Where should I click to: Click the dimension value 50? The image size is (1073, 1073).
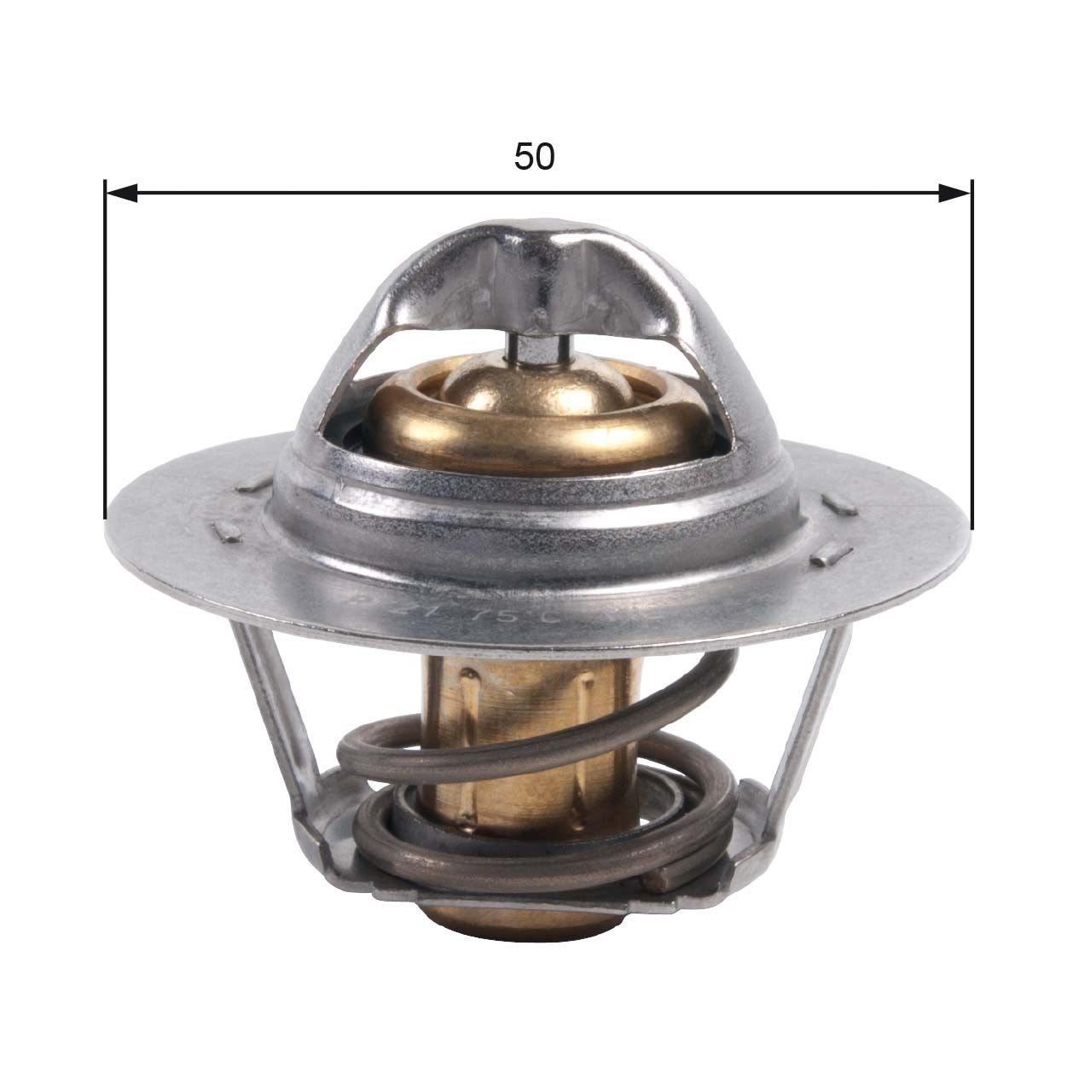click(x=535, y=157)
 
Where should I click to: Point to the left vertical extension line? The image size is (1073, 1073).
click(x=104, y=358)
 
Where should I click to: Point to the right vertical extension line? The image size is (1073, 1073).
click(x=971, y=358)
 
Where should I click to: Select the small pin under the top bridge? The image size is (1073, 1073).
click(x=535, y=348)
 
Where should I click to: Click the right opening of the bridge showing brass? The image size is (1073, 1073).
click(x=682, y=401)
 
